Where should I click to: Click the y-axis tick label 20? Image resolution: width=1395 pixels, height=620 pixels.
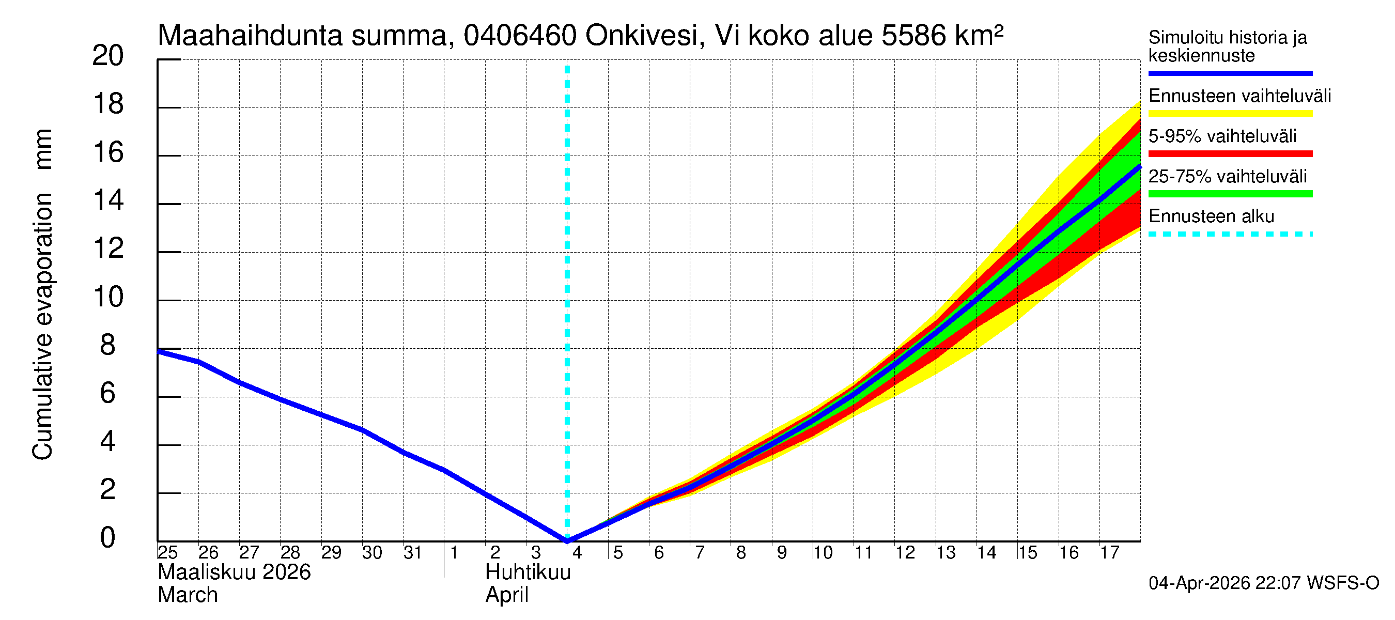point(108,56)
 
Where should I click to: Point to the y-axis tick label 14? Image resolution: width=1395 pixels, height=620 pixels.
point(108,201)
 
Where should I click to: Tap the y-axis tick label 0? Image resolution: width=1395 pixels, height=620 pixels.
point(108,538)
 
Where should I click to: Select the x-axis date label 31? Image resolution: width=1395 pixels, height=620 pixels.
point(413,553)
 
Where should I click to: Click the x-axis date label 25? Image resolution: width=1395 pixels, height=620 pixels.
point(167,553)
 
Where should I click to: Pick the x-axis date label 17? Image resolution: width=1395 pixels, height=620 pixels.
point(1109,553)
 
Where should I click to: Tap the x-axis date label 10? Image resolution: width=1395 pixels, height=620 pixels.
point(822,553)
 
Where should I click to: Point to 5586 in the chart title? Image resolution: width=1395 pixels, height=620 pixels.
point(913,36)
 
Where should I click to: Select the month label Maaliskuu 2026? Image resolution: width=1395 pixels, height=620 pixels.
point(234,572)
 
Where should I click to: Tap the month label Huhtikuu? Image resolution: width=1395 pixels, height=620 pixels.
point(528,572)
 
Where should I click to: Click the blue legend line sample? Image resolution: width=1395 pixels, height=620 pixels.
point(1229,73)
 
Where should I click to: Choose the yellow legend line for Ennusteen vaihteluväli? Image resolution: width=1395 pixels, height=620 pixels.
point(1229,114)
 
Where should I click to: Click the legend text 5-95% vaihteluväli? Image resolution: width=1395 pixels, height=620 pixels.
point(1222,136)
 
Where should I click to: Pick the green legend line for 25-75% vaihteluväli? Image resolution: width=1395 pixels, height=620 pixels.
point(1229,194)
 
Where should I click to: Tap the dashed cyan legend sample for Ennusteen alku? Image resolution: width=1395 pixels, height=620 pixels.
point(1229,235)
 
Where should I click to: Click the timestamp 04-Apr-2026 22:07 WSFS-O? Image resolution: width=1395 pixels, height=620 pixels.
point(1263,583)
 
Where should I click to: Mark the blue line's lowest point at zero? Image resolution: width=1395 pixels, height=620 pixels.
point(567,540)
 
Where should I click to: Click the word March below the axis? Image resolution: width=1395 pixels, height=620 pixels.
point(188,595)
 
